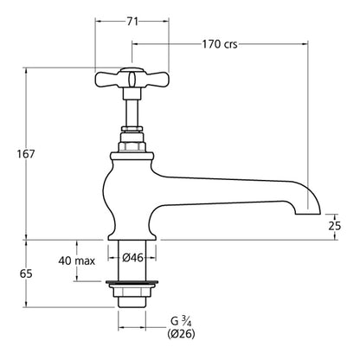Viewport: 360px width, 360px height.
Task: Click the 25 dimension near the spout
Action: (x=334, y=226)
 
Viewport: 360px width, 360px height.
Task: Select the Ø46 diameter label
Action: (x=132, y=257)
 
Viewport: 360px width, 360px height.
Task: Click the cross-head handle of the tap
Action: (x=132, y=80)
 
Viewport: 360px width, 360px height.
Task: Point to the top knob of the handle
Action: (x=132, y=69)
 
